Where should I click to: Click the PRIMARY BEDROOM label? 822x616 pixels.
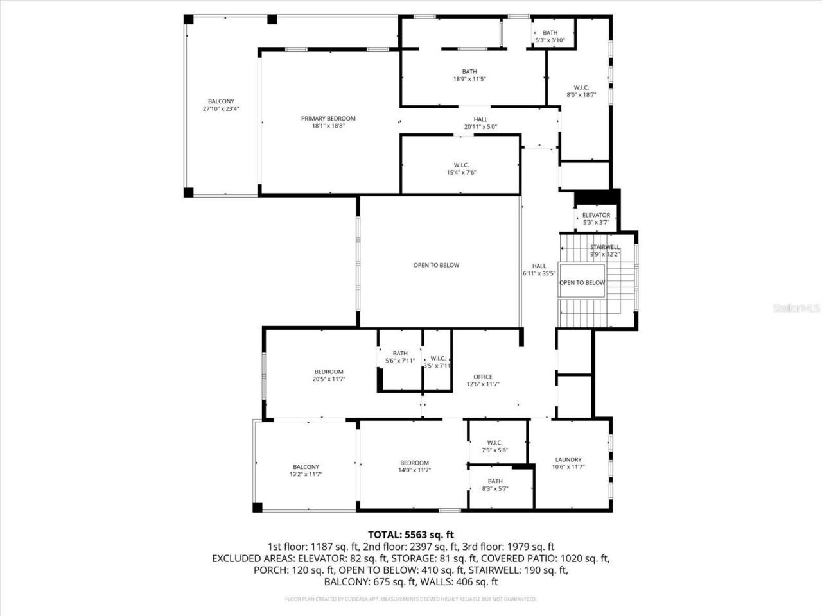328,119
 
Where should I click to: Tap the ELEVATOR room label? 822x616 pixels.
596,215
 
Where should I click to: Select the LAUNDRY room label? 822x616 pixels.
568,459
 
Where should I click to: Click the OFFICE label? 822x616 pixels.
483,377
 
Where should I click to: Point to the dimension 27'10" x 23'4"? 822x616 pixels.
221,109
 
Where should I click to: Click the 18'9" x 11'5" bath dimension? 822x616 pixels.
469,80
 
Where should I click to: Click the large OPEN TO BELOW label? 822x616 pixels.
436,265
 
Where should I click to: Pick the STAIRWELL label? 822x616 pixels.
605,247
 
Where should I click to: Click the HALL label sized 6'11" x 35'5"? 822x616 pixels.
539,266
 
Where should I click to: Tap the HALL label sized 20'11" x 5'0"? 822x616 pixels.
480,119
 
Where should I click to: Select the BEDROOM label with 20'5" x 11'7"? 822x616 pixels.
329,372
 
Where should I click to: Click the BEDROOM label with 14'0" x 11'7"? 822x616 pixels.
414,463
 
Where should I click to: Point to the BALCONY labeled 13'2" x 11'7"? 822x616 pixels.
306,467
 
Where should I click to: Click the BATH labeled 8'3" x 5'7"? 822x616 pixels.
495,481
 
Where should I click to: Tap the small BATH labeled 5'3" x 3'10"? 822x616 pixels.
550,33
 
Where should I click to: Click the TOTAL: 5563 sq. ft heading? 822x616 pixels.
411,534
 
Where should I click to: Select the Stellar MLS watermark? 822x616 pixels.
796,309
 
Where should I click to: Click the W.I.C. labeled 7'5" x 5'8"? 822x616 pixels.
494,443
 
